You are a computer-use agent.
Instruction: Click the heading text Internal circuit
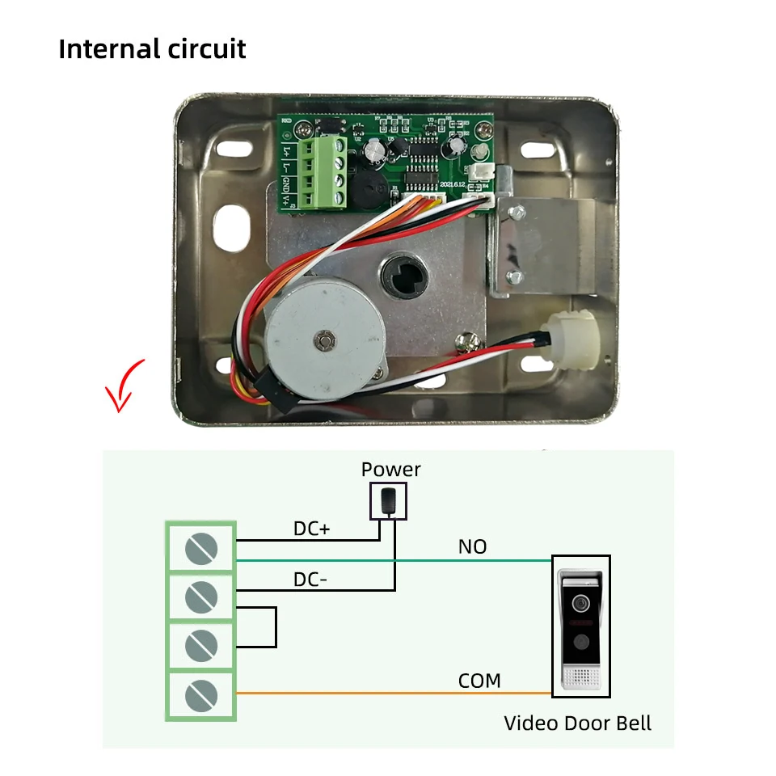click(x=152, y=48)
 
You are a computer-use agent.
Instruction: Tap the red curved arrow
click(x=123, y=386)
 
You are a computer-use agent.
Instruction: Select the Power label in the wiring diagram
click(x=390, y=470)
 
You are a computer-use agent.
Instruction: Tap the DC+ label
click(x=312, y=529)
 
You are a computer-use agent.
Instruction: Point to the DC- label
click(x=310, y=580)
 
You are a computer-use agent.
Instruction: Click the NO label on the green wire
click(x=472, y=547)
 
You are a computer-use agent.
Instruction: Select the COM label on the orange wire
click(x=479, y=681)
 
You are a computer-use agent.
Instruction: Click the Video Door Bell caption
click(x=577, y=723)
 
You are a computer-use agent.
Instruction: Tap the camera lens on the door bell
click(x=580, y=603)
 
